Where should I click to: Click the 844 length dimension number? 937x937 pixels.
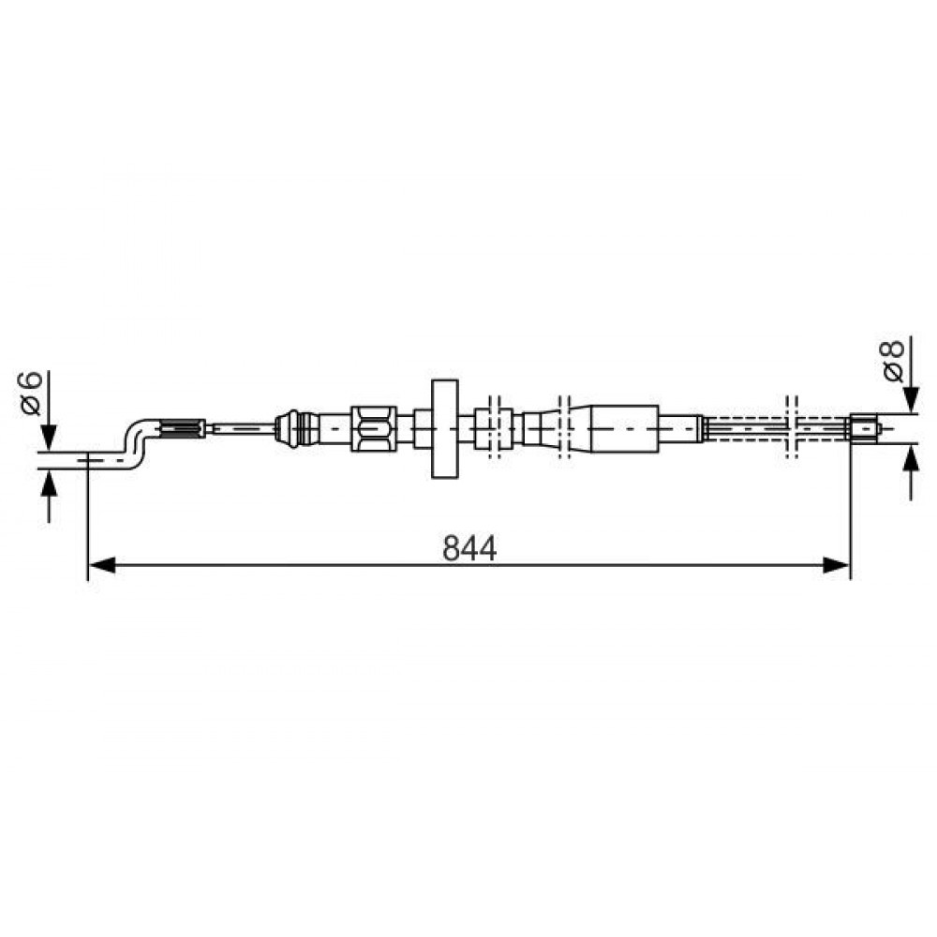[469, 548]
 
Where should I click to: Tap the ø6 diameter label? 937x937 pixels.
[30, 393]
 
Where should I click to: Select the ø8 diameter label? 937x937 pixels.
[892, 361]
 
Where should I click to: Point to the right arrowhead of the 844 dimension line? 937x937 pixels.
[836, 565]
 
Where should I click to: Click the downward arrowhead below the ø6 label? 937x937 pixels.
[49, 437]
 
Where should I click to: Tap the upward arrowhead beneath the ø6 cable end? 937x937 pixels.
[49, 483]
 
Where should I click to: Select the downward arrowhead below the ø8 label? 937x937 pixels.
[912, 400]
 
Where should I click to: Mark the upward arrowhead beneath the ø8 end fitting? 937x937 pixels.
[912, 456]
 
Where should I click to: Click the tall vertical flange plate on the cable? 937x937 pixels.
[444, 428]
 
